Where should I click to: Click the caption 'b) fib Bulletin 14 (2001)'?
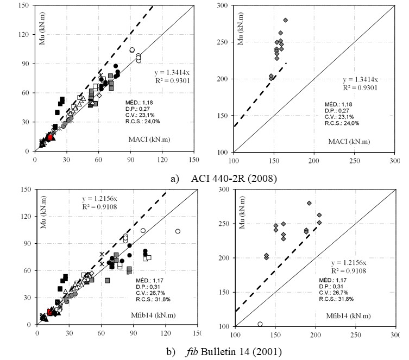[x=204, y=351]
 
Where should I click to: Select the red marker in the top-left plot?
[x=50, y=137]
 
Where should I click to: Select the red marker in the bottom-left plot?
[x=50, y=312]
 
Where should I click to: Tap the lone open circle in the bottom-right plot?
[x=260, y=324]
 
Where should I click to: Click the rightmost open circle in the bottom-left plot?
[x=178, y=231]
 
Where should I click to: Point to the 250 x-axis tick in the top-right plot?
[x=354, y=159]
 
